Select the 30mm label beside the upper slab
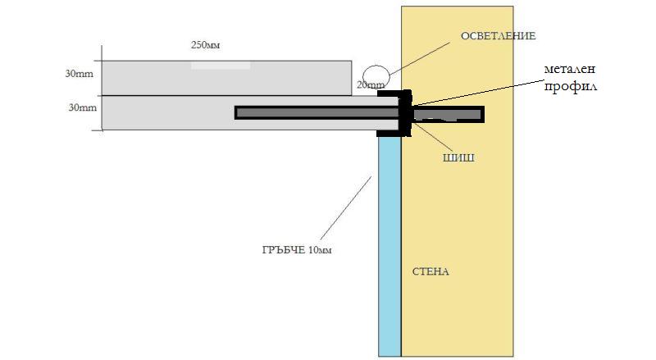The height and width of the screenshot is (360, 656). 79,74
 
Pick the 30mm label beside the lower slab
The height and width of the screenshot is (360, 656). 79,107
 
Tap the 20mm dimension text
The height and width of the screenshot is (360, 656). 370,84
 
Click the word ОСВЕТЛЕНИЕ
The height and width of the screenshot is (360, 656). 498,36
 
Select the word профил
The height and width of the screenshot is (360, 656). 567,85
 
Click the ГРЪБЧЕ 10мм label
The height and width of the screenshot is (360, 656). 293,249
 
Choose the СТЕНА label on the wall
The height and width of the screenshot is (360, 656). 430,271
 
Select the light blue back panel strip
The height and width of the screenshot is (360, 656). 389,246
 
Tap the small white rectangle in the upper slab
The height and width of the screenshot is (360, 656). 221,65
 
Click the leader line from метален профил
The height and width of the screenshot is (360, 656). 480,93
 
